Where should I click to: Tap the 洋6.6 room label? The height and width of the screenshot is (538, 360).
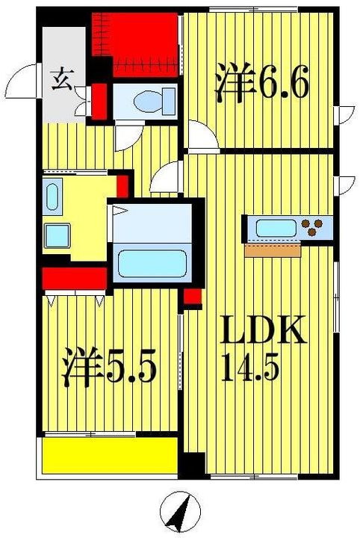click(x=262, y=82)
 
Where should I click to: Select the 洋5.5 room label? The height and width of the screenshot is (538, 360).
click(x=109, y=365)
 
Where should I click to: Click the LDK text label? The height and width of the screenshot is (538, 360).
click(x=263, y=330)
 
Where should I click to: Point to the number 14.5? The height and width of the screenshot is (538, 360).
click(x=249, y=367)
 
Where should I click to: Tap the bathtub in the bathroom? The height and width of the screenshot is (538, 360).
click(x=152, y=264)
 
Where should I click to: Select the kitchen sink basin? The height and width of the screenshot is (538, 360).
click(x=276, y=228)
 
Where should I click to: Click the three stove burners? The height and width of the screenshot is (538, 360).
click(x=311, y=227)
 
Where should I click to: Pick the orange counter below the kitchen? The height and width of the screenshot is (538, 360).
click(x=273, y=250)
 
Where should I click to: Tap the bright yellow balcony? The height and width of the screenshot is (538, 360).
click(x=110, y=455)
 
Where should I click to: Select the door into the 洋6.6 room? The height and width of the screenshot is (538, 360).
click(x=204, y=135)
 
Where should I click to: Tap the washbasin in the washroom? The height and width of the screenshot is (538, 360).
click(x=52, y=197)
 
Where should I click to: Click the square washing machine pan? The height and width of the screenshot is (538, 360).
click(x=57, y=235)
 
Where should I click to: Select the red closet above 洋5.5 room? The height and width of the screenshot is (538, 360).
click(x=75, y=278)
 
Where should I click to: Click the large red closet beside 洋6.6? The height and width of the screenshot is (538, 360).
click(x=135, y=45)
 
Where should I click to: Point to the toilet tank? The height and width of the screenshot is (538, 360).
click(x=169, y=101)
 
